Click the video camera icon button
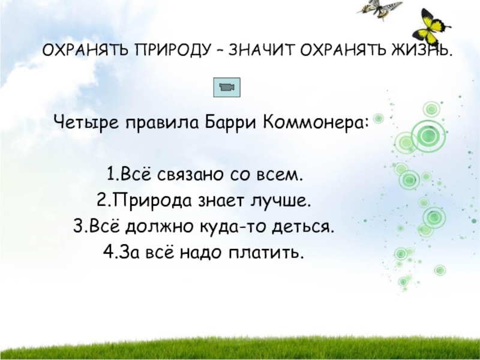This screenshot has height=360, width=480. click(227, 88)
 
